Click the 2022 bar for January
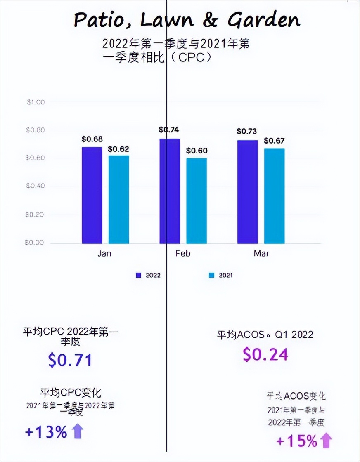pos(92,195)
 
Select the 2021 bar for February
pos(197,200)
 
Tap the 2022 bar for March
pos(247,192)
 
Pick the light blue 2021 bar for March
pos(274,196)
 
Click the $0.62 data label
pos(118,149)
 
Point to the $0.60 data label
pos(197,151)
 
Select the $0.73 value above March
pos(246,132)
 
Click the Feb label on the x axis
pos(182,253)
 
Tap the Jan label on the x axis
pos(104,253)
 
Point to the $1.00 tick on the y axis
pos(36,102)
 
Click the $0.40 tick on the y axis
pos(36,186)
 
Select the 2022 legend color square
pos(139,275)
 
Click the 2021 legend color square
pos(211,275)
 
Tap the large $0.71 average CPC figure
pos(70,360)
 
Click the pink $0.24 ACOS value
pos(265,354)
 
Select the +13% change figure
pos(46,432)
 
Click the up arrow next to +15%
pos(326,441)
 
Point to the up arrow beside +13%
pos(77,431)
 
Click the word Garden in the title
pos(264,20)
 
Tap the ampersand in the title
pos(210,19)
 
